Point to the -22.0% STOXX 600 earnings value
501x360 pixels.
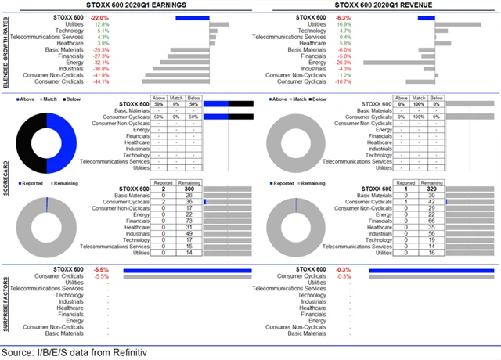[99, 16]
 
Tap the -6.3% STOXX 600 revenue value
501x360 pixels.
[342, 16]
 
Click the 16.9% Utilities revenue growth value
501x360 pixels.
[343, 23]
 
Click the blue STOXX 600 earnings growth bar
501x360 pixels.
[193, 16]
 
